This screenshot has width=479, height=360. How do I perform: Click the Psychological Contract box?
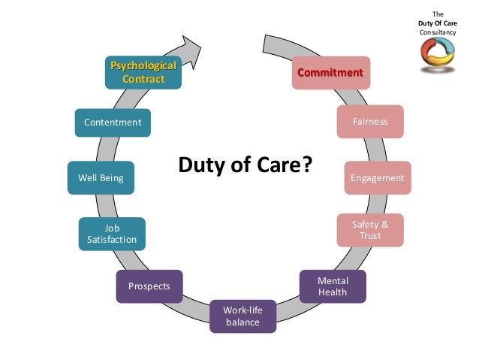pos(143,72)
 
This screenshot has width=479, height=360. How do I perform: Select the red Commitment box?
pos(330,73)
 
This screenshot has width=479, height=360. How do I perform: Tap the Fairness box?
pos(370,121)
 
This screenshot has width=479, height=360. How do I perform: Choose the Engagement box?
pos(377,178)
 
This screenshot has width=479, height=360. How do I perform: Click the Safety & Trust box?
pos(370,230)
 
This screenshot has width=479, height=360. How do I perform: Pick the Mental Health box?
pos(333,286)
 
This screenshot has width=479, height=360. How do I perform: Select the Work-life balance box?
pos(243,316)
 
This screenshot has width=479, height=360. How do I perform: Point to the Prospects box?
pos(149,286)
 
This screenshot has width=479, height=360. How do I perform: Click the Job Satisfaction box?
pos(112,234)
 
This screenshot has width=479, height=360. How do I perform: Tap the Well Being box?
pos(101,178)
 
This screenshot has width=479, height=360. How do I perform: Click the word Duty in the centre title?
pos(200,165)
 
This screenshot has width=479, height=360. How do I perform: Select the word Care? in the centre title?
pos(285,165)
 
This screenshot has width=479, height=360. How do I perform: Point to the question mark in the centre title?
pos(305,165)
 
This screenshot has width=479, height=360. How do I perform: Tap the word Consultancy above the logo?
pos(439,32)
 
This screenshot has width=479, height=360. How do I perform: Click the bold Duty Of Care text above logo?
pos(439,23)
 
